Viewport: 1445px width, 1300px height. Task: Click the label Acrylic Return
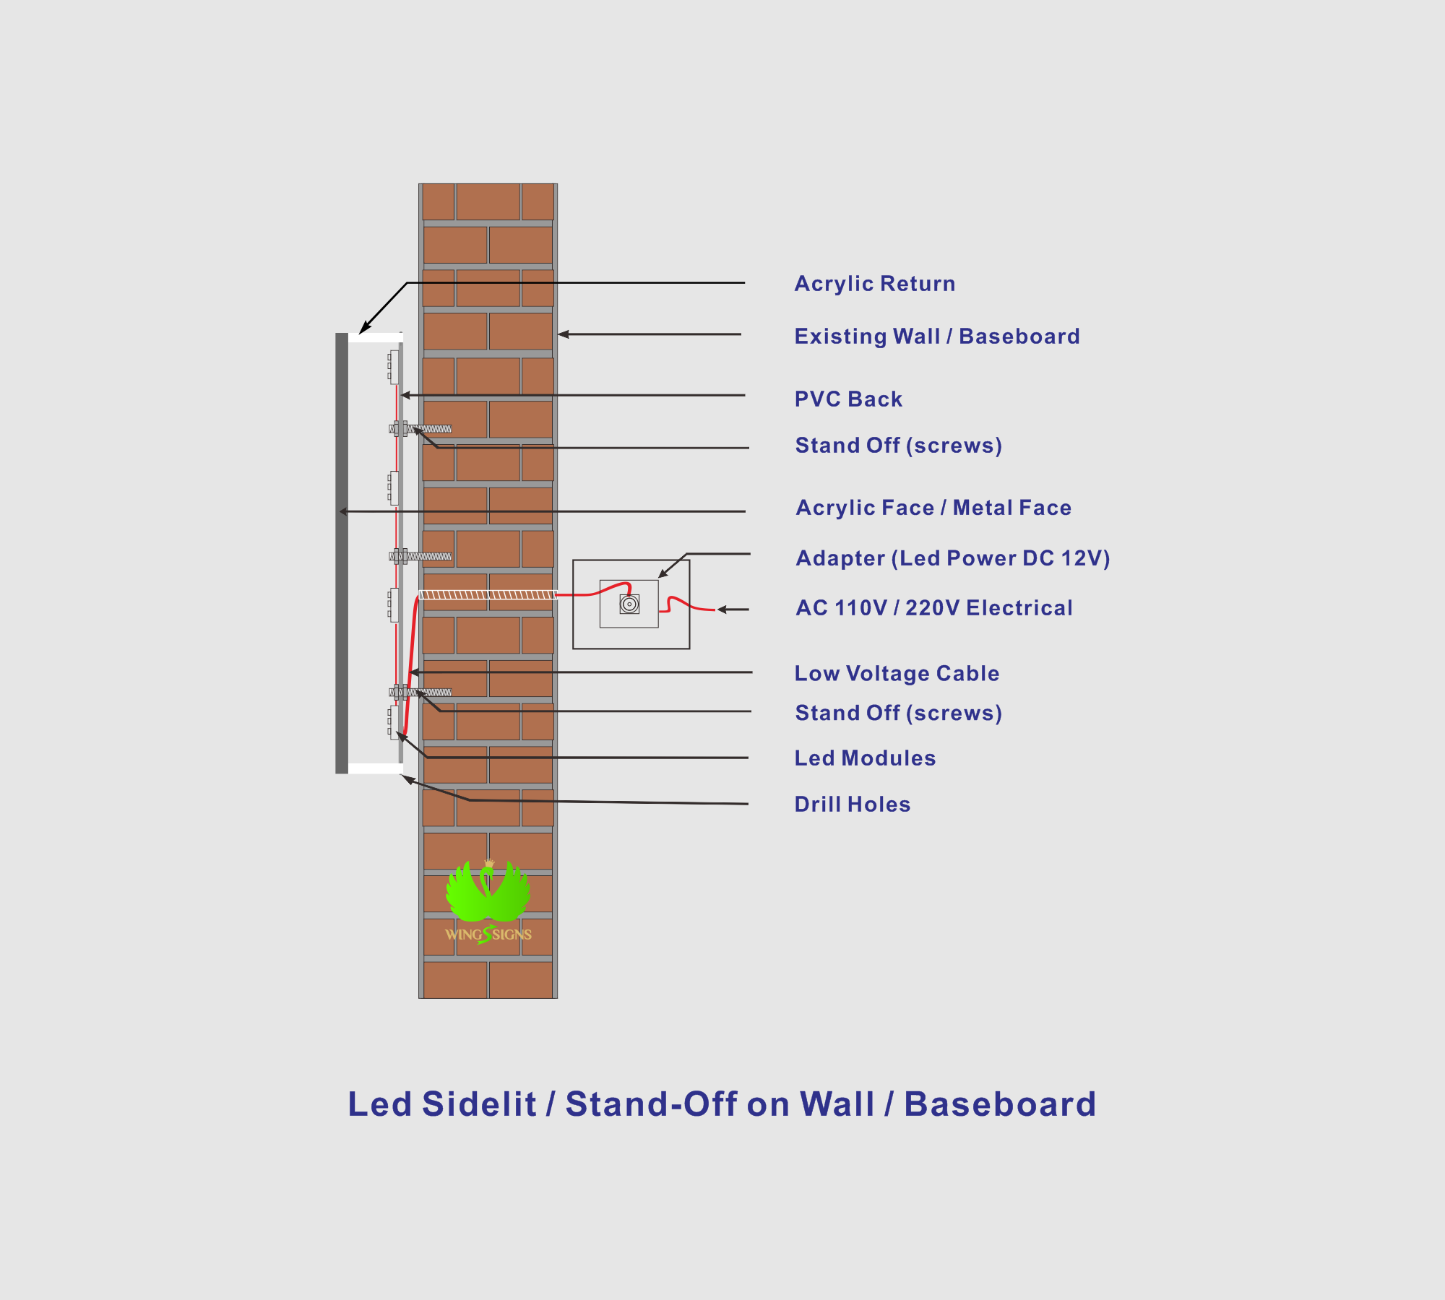click(875, 284)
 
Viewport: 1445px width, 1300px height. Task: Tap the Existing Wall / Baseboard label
click(937, 337)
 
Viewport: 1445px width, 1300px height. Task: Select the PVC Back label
click(848, 399)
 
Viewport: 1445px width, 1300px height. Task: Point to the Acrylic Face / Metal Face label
click(933, 508)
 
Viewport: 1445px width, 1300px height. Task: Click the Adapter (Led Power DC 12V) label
click(953, 558)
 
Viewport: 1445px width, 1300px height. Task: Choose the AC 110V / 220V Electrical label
click(934, 608)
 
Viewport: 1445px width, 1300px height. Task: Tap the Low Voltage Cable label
click(897, 673)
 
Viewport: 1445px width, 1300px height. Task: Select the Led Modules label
click(865, 758)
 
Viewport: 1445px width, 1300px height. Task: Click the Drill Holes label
click(853, 804)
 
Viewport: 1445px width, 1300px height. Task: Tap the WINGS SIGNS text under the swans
click(488, 935)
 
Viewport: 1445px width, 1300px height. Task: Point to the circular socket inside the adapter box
click(629, 604)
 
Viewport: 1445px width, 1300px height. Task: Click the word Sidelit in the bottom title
click(479, 1104)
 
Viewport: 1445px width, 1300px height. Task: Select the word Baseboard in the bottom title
click(1000, 1104)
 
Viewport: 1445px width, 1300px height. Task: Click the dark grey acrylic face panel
click(342, 553)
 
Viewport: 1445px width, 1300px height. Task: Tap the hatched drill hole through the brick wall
click(488, 594)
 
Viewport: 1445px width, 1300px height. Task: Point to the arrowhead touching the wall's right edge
click(564, 334)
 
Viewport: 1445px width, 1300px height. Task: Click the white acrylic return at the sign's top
click(375, 337)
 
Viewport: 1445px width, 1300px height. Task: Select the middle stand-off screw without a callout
click(420, 556)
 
